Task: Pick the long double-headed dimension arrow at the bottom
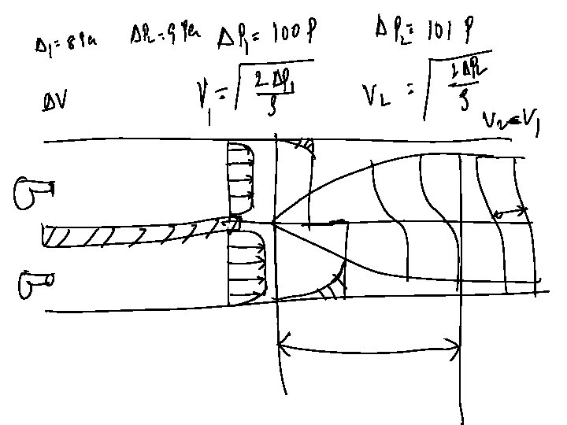click(x=369, y=344)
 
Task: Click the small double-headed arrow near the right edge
click(x=510, y=212)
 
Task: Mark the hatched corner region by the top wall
click(x=298, y=146)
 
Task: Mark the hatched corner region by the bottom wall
click(x=332, y=288)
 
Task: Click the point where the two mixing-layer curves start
click(x=273, y=224)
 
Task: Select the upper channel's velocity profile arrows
click(x=241, y=178)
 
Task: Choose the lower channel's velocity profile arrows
click(x=243, y=272)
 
